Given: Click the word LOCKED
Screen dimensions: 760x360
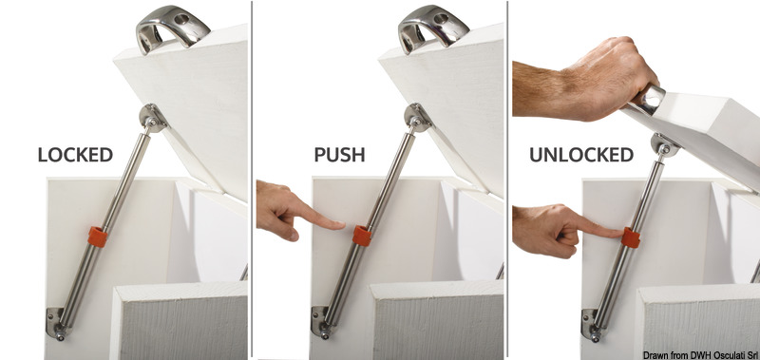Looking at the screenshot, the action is click(x=75, y=155).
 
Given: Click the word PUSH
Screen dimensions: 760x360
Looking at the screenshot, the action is click(x=339, y=155).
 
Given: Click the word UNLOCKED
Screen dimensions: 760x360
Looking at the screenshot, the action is click(x=581, y=155).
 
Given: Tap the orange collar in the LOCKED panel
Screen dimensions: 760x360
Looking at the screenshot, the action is click(x=98, y=237).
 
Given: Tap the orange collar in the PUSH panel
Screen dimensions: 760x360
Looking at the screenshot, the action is click(x=362, y=236).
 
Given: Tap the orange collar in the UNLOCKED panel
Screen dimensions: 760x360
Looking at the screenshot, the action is click(x=631, y=237).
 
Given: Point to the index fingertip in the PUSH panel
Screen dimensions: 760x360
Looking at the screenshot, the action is click(x=342, y=225).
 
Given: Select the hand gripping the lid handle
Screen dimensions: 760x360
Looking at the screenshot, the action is click(x=584, y=79).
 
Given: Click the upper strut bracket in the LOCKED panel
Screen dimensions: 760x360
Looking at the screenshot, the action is click(x=153, y=118).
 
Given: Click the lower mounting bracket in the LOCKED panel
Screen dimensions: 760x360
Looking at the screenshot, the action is click(x=57, y=323).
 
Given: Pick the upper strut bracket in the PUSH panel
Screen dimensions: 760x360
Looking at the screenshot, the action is click(x=418, y=118).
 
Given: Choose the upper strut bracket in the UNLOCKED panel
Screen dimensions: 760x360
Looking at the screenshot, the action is click(x=664, y=144).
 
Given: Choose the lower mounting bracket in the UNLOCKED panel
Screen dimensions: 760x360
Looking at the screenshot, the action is click(x=592, y=325).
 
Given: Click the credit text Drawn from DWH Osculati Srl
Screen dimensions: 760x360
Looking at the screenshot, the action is click(x=700, y=355).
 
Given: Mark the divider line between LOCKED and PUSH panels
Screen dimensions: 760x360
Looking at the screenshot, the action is click(x=252, y=180).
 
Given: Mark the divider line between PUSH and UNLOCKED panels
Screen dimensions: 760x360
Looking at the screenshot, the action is click(x=507, y=180).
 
